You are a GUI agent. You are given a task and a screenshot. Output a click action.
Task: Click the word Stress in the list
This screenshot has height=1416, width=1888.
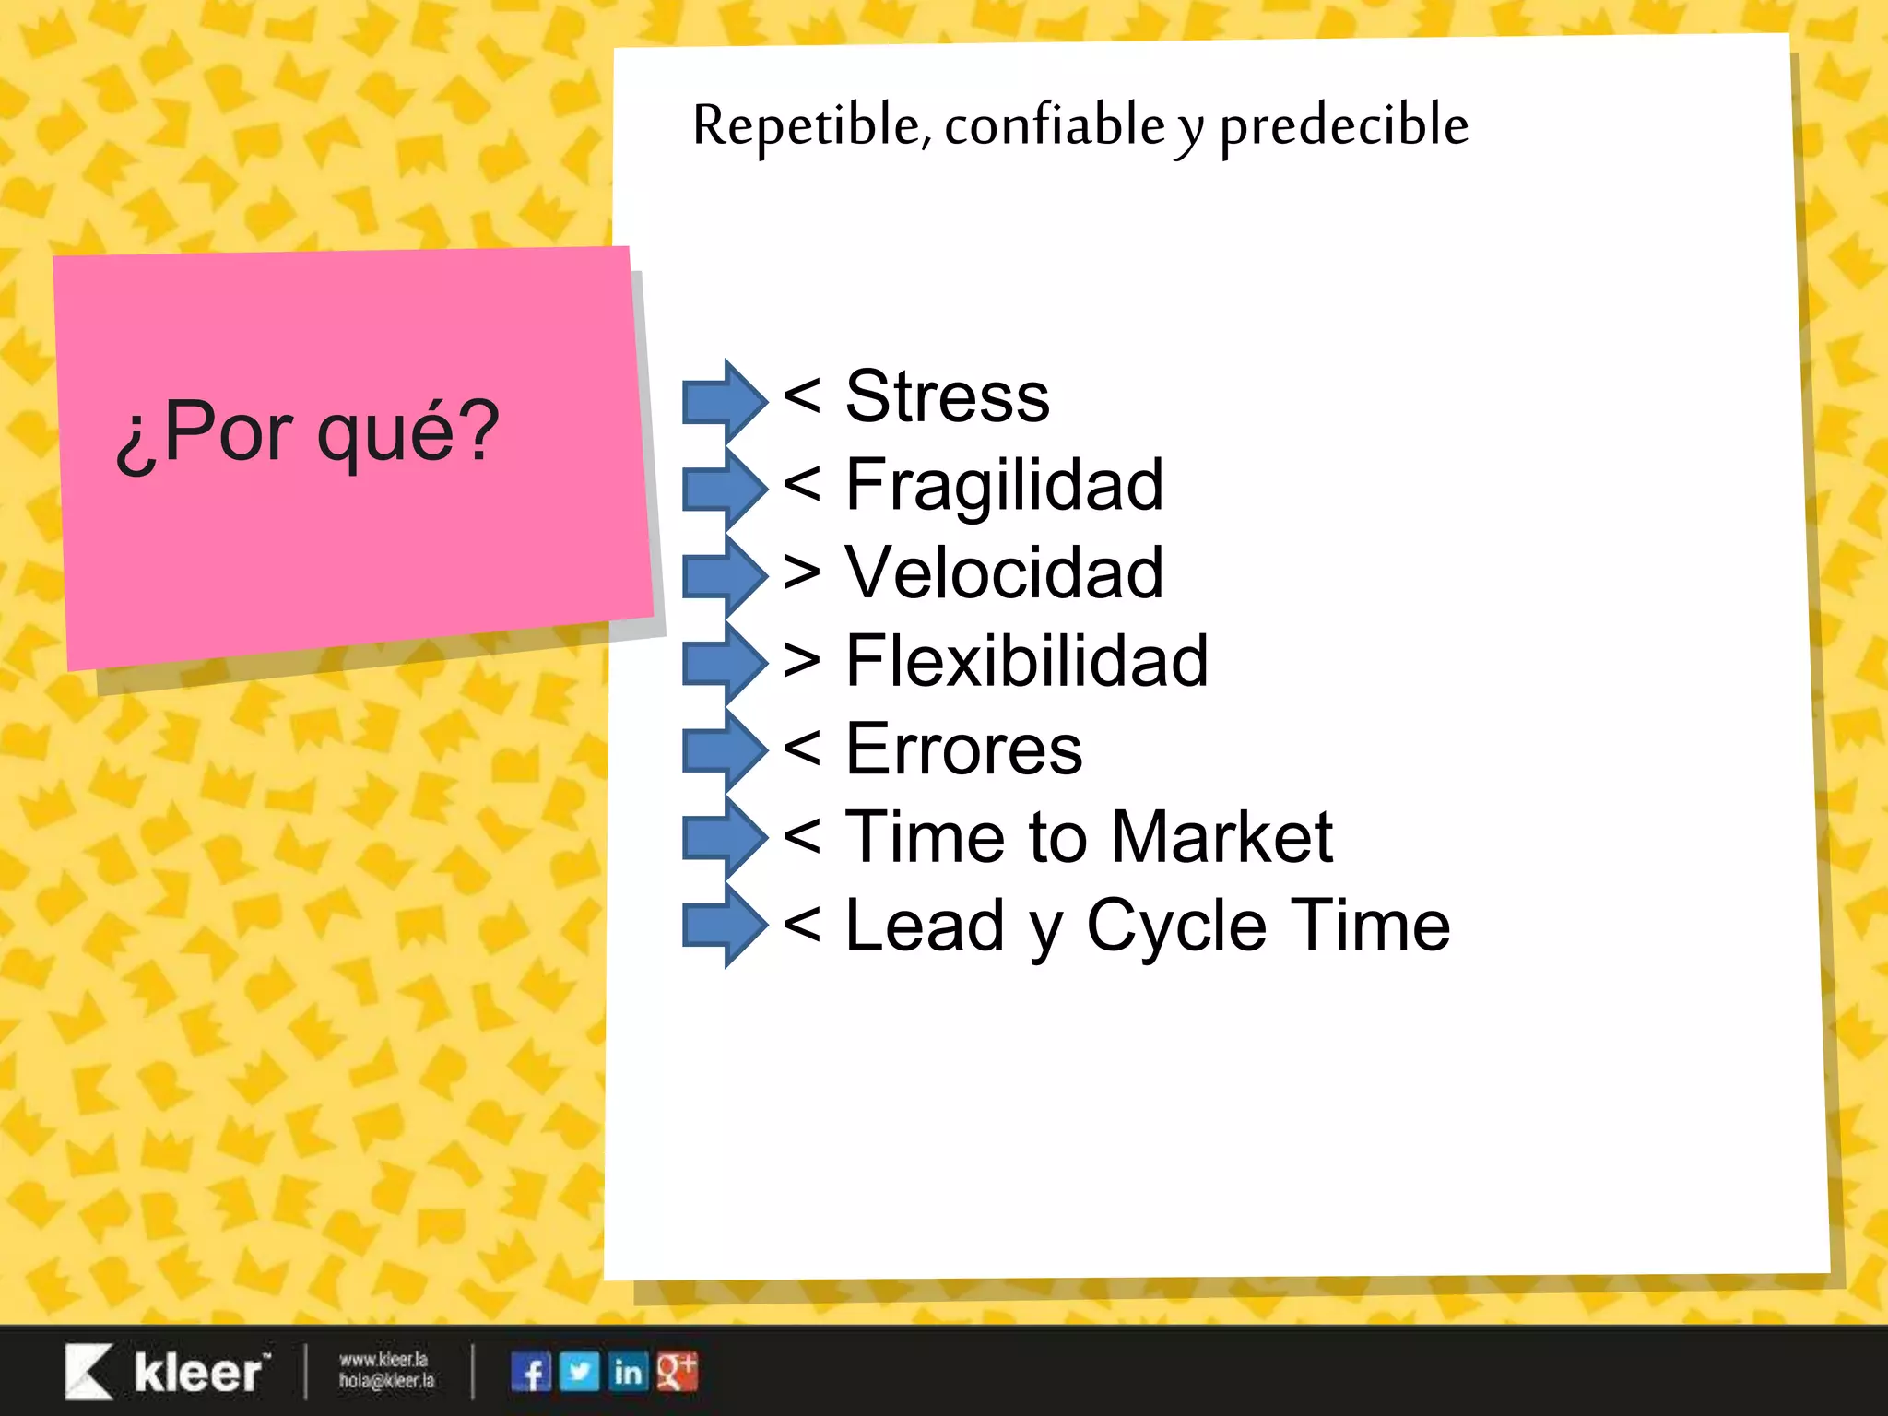[947, 396]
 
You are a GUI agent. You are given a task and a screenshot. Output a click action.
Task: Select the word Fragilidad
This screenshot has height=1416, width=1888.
[1004, 485]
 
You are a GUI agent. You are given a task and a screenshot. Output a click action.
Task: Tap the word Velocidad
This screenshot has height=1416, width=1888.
[1004, 572]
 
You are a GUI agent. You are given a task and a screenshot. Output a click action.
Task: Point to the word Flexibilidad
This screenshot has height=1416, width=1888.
[1026, 661]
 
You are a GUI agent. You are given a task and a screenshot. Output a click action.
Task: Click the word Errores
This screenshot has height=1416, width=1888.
[963, 749]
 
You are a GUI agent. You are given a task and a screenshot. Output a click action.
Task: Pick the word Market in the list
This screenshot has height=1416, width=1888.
[1221, 837]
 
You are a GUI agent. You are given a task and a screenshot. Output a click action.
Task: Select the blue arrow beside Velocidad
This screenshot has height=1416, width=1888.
[725, 573]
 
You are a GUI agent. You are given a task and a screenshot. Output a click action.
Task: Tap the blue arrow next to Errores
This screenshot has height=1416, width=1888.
[725, 749]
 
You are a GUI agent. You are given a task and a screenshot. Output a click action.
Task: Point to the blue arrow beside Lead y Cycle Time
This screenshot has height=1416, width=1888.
[725, 926]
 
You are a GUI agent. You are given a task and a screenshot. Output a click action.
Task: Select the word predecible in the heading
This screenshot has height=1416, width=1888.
[1343, 125]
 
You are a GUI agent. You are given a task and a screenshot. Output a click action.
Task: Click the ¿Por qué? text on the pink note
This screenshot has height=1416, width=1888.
[307, 431]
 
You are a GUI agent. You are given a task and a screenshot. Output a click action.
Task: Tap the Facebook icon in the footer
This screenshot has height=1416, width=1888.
[531, 1372]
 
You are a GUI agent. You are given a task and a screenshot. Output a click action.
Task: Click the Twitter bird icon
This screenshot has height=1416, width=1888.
[579, 1372]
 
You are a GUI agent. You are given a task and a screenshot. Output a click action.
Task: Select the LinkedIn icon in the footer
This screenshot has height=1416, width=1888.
[628, 1372]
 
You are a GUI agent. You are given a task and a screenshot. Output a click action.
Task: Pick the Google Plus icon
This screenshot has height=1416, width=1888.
[677, 1372]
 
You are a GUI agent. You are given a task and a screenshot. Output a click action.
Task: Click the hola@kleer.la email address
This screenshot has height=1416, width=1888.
[386, 1381]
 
